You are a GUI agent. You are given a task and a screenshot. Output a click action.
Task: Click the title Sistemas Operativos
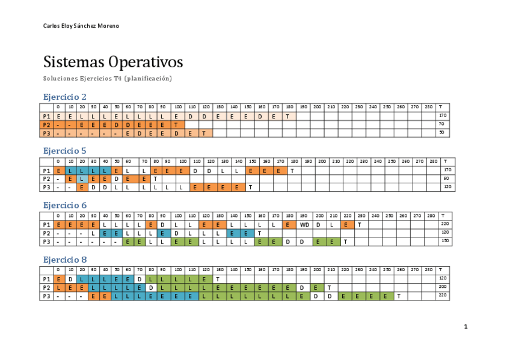[113, 63]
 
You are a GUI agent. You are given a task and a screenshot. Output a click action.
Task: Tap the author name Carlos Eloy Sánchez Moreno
[81, 26]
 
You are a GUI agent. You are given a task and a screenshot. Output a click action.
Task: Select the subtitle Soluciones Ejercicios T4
[108, 79]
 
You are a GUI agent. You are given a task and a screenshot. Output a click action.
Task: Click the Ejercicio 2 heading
[65, 97]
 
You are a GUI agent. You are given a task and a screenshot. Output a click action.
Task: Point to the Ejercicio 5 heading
[65, 151]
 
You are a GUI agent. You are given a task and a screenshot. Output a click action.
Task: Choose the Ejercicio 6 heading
[65, 205]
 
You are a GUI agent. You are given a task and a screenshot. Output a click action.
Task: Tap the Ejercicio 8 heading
[65, 260]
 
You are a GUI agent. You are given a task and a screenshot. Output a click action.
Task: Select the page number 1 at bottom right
[465, 327]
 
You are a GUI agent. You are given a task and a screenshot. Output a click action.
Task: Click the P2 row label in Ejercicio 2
[46, 124]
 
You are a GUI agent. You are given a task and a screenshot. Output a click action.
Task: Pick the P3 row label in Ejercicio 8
[46, 296]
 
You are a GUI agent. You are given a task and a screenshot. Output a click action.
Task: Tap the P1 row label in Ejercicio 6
[46, 225]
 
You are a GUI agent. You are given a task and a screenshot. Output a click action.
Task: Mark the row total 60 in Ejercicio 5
[446, 178]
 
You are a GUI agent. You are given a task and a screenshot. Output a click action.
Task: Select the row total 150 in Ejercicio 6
[444, 242]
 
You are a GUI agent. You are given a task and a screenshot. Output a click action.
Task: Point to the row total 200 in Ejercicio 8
[443, 287]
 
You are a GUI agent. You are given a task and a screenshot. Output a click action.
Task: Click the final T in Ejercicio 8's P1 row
[217, 279]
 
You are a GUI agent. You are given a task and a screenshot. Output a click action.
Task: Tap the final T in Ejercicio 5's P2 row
[155, 178]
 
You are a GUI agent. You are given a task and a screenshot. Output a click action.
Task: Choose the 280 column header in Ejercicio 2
[428, 107]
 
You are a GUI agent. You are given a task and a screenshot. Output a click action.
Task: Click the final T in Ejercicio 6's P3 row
[346, 242]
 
